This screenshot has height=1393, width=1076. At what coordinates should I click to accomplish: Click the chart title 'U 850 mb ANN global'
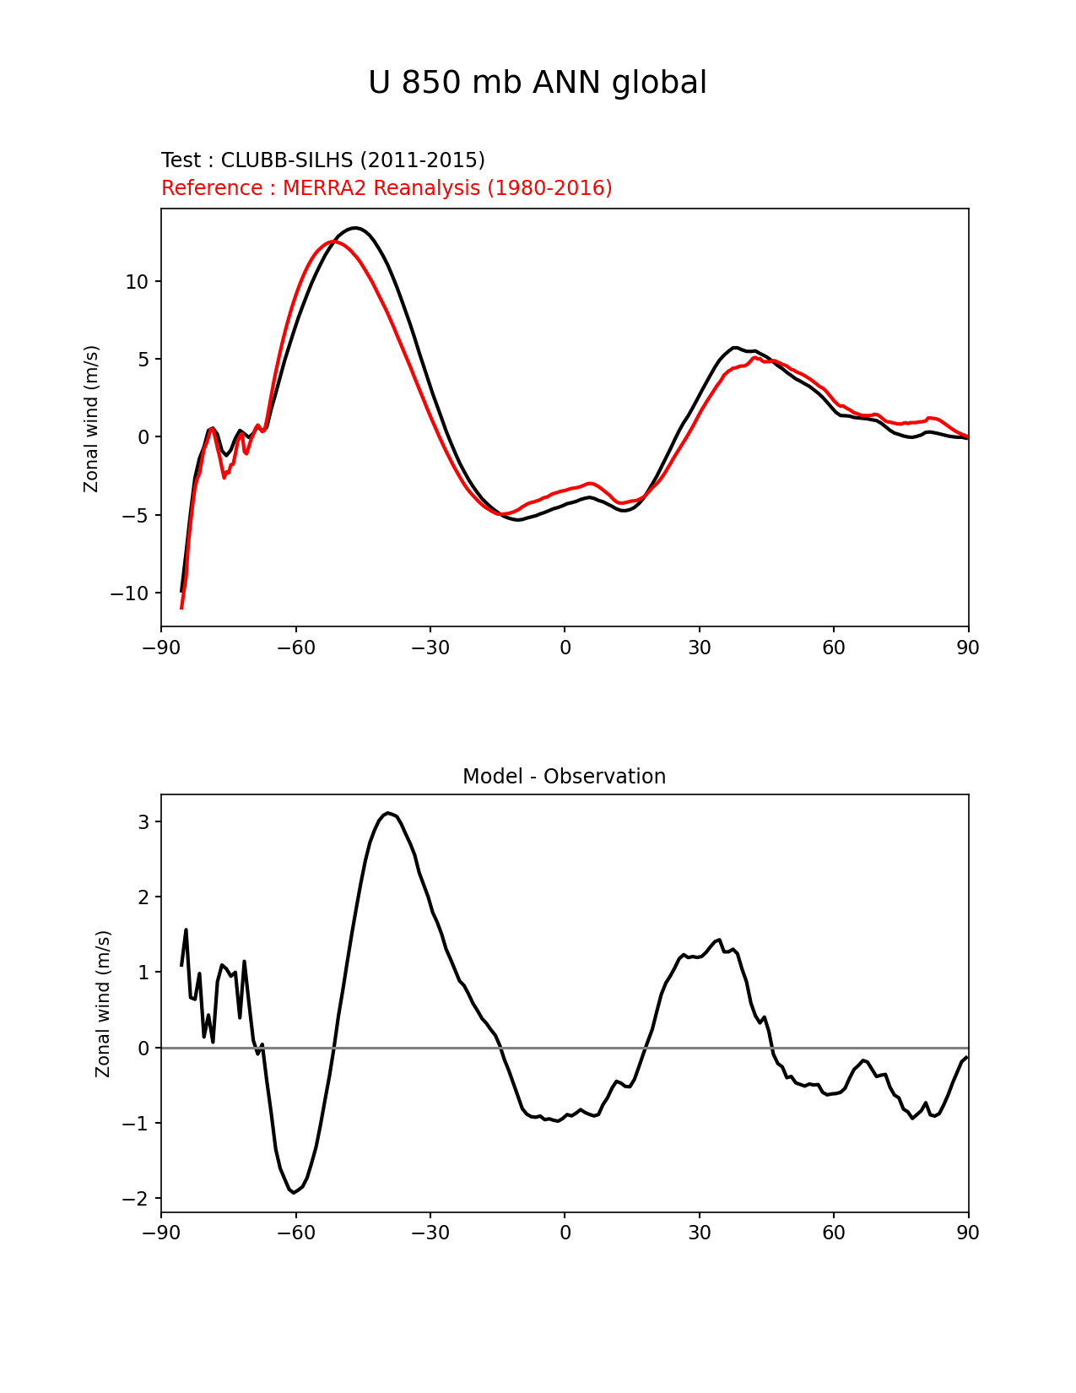tap(538, 83)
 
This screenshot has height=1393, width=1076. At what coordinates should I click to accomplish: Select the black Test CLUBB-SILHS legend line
tap(322, 160)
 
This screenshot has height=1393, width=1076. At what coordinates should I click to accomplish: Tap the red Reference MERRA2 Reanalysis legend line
tap(387, 188)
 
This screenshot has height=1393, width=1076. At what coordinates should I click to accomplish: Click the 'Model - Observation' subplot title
tap(564, 777)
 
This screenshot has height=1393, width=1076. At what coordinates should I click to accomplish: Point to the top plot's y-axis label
tap(91, 418)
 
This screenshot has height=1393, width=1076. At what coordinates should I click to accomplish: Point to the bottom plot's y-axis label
tap(103, 1004)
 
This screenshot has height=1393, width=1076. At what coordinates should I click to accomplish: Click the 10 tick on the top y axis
tap(137, 282)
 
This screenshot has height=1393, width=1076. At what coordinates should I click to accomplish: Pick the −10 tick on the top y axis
tap(129, 594)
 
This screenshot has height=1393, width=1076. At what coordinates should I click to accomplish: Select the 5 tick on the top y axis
tap(143, 360)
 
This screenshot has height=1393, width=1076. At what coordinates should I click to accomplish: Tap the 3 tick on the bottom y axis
tap(143, 822)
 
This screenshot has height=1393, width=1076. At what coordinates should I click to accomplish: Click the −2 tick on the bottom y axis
tap(135, 1199)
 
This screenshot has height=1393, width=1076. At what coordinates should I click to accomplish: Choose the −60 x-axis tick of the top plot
tap(295, 648)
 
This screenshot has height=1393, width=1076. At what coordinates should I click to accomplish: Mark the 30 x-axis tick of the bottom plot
tap(700, 1233)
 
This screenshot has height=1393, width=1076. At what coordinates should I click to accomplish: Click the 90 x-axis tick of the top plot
tap(968, 648)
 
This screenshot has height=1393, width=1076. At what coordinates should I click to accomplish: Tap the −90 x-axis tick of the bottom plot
tap(161, 1233)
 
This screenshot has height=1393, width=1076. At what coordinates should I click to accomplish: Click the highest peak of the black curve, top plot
tap(356, 228)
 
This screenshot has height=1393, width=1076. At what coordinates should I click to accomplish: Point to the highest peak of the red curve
tap(334, 241)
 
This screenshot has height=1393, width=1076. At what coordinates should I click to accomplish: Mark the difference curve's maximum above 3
tap(388, 813)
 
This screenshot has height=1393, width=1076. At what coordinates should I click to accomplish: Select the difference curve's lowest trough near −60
tap(294, 1192)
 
